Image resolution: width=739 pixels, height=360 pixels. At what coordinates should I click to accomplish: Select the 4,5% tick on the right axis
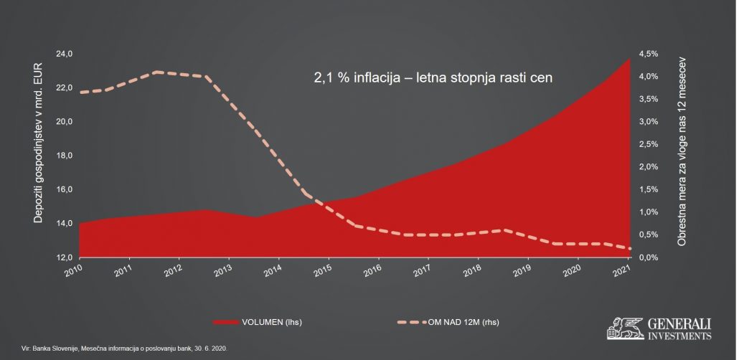(648, 54)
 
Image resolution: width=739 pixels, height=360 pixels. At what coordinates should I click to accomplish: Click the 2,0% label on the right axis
(648, 167)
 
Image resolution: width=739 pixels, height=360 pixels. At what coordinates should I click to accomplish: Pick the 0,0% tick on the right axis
(648, 257)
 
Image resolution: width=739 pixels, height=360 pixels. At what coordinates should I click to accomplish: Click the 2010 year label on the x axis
(74, 270)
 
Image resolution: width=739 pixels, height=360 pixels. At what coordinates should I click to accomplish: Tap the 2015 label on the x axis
(324, 270)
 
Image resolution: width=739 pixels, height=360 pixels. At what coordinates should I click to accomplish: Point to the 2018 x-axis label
(474, 270)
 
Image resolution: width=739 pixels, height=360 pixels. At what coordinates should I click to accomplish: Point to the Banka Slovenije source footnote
(126, 347)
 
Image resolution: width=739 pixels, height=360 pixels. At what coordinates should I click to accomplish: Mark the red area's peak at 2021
(629, 59)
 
